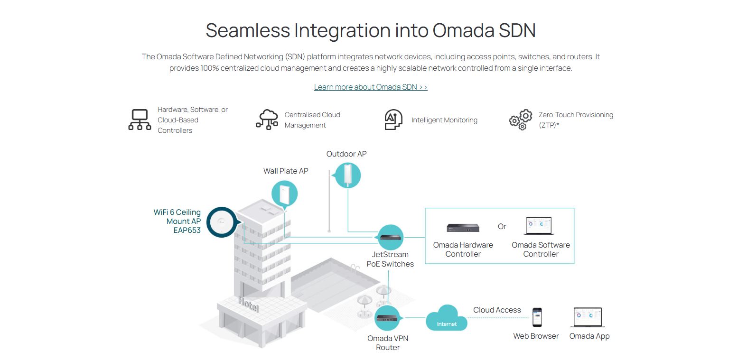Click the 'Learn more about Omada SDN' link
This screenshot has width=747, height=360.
click(370, 87)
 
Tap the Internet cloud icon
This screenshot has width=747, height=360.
click(446, 319)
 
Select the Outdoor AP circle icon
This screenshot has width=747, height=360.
click(348, 175)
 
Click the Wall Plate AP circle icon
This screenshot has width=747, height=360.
click(285, 194)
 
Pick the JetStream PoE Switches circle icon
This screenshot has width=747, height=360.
click(391, 237)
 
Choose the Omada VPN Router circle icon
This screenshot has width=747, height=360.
click(387, 318)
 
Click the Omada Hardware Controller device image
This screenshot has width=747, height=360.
click(463, 228)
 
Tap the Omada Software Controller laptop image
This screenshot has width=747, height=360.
click(539, 226)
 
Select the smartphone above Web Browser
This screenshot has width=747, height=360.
click(537, 317)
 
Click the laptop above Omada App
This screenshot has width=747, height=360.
click(588, 317)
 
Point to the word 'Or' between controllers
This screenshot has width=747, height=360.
click(502, 227)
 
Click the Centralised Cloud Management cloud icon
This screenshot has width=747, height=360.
click(267, 120)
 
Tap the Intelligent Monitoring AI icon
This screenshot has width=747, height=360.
click(393, 120)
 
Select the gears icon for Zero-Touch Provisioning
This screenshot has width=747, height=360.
click(520, 120)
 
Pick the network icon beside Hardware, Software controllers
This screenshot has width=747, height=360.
click(140, 120)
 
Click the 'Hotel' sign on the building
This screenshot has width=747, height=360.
click(249, 304)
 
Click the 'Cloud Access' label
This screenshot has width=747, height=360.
click(497, 310)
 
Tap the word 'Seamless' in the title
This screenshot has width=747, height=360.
click(247, 31)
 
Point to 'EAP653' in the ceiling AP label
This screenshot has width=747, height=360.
click(187, 231)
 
